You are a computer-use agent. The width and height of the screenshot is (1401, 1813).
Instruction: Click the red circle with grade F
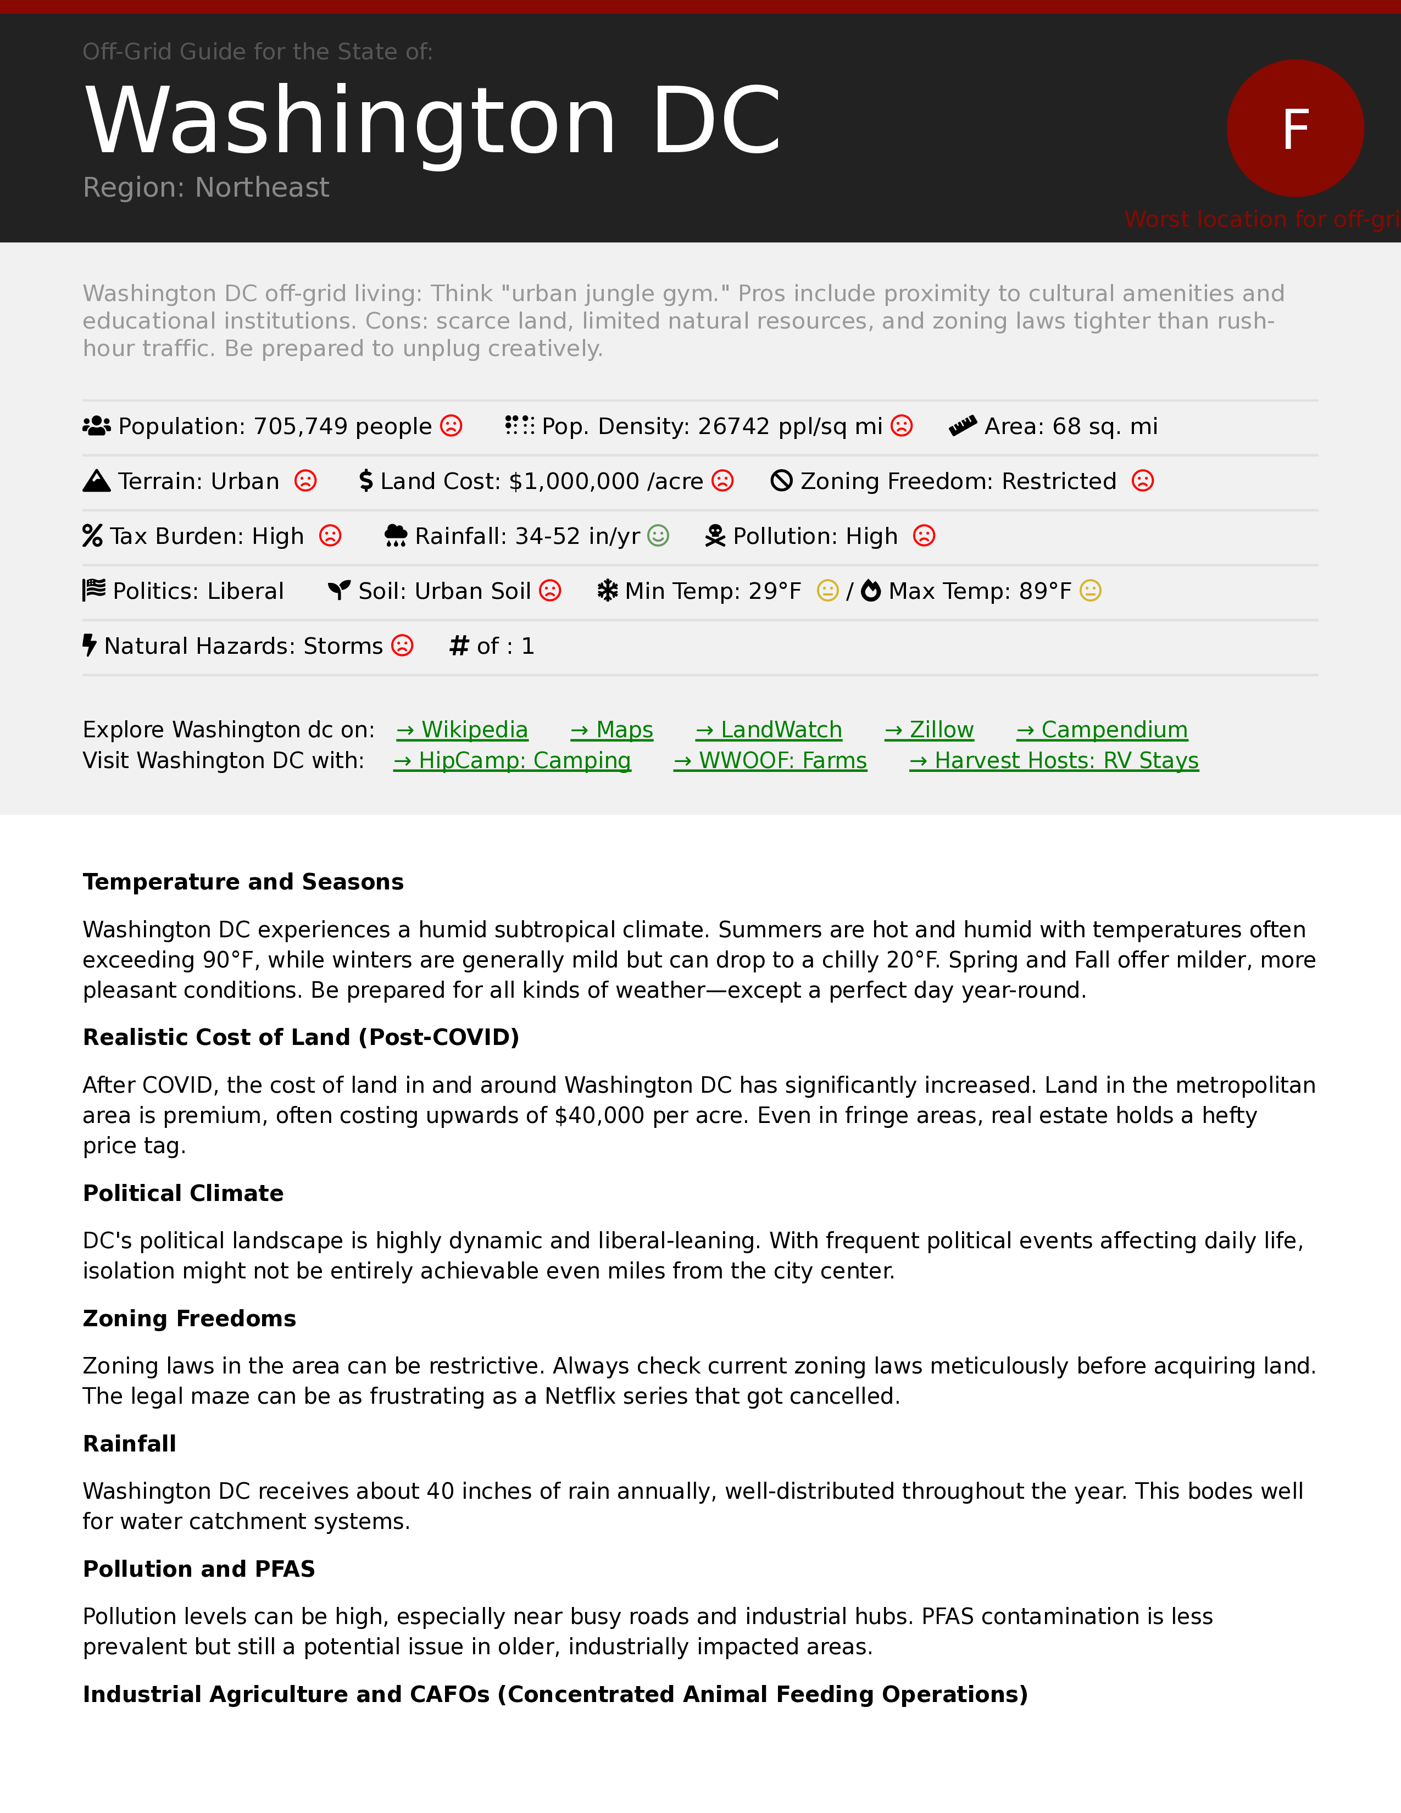coord(1295,128)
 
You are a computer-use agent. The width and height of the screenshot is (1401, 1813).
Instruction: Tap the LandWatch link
coord(769,730)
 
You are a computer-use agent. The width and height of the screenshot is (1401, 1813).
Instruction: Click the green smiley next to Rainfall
coord(658,536)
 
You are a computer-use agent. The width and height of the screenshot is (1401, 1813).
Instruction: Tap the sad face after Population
coord(451,426)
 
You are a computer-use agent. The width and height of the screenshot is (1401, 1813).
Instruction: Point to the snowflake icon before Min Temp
coord(608,591)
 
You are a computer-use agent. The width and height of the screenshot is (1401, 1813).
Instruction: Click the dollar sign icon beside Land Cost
coord(366,481)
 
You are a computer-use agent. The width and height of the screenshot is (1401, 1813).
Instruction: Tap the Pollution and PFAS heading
coord(199,1569)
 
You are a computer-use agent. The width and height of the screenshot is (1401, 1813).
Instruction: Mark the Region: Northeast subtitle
coord(206,187)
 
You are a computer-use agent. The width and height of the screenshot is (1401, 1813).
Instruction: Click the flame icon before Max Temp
coord(871,591)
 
